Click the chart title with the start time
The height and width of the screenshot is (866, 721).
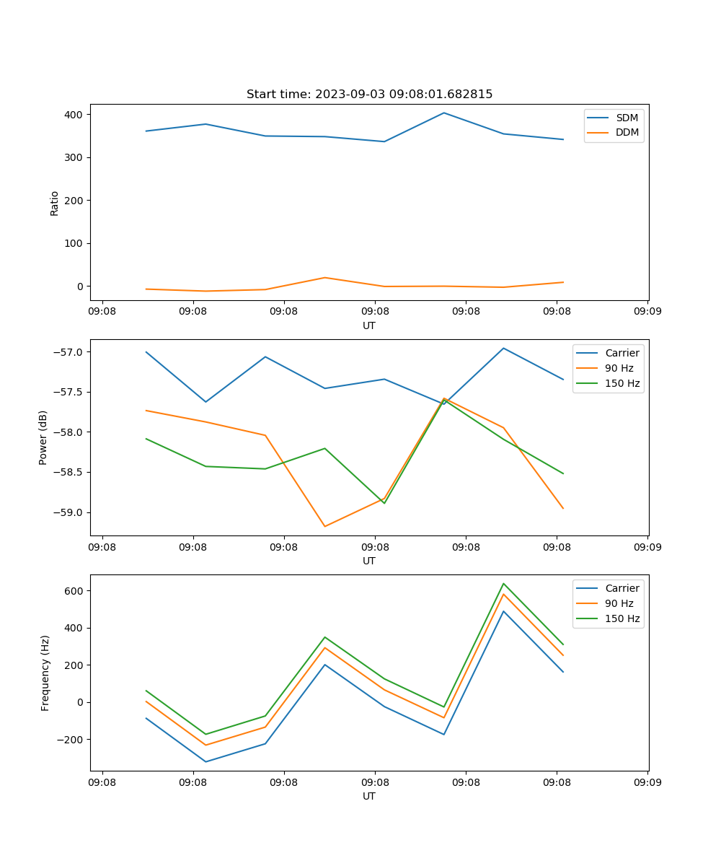(369, 95)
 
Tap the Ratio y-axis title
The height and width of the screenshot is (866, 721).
(55, 204)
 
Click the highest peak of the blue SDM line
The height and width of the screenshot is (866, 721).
(444, 113)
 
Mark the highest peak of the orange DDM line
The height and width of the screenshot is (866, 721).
(324, 278)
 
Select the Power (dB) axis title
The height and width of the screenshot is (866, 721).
(43, 437)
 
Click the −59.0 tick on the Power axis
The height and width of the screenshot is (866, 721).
(70, 512)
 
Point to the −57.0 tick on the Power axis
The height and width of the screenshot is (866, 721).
(70, 352)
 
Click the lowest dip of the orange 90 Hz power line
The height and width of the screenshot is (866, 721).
(324, 526)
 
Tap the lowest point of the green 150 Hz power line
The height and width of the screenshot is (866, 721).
(384, 503)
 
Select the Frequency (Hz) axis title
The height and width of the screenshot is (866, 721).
(45, 673)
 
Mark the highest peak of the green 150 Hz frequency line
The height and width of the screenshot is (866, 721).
(503, 583)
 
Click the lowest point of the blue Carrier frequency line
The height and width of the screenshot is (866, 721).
(205, 761)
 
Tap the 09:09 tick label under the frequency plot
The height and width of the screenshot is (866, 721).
(647, 782)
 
